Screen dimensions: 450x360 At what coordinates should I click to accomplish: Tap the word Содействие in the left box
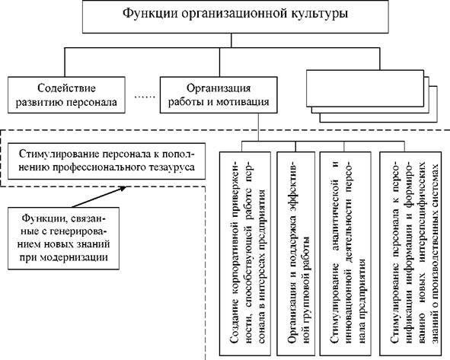pos(66,88)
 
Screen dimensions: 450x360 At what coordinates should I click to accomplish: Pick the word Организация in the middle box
pos(219,88)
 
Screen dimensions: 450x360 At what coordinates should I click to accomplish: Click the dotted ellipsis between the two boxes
pos(145,97)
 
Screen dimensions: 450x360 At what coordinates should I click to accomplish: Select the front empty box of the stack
pos(365,88)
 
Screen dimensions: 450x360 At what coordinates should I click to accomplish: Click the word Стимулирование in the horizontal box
pos(59,154)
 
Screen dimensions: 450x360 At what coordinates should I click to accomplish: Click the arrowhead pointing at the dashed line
pos(123,189)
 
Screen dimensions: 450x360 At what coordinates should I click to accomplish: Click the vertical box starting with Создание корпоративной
pos(245,253)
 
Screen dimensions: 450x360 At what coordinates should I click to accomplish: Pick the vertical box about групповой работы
pos(295,253)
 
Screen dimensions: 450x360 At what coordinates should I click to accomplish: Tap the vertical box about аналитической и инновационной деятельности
pos(345,253)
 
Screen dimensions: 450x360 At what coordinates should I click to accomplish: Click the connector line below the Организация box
pos(258,127)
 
